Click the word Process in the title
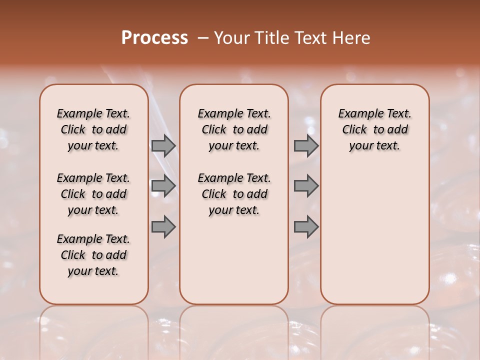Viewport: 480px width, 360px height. pyautogui.click(x=154, y=38)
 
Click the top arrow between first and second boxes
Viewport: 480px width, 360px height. pyautogui.click(x=163, y=146)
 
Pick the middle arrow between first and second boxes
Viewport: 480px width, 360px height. pyautogui.click(x=163, y=186)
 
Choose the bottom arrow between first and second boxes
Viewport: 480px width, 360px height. pyautogui.click(x=163, y=227)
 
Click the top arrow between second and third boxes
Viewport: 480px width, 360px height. pyautogui.click(x=306, y=146)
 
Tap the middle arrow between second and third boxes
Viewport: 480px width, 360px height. pyautogui.click(x=306, y=186)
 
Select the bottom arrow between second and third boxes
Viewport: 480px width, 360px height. pyautogui.click(x=306, y=227)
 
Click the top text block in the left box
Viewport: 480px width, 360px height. pyautogui.click(x=93, y=129)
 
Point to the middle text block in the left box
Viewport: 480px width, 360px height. pyautogui.click(x=93, y=194)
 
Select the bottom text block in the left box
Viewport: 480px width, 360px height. pyautogui.click(x=93, y=255)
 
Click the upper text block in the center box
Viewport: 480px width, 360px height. pyautogui.click(x=234, y=129)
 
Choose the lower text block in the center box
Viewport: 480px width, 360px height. pyautogui.click(x=234, y=194)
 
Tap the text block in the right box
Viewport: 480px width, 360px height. pyautogui.click(x=374, y=129)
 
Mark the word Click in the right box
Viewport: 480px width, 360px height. pyautogui.click(x=354, y=130)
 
